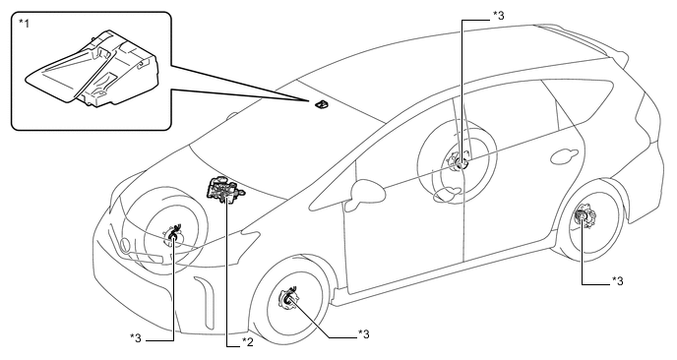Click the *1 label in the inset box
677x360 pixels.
pos(24,23)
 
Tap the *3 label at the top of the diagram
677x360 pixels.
pos(498,16)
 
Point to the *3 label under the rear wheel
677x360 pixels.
pos(617,281)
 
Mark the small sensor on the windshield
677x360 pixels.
pos(320,104)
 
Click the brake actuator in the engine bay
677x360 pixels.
pos(223,190)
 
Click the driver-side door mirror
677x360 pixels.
pos(365,194)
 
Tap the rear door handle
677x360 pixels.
pos(564,156)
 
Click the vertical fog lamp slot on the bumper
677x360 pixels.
pos(205,302)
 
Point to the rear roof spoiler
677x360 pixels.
pos(591,41)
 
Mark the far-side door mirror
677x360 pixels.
pos(232,116)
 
